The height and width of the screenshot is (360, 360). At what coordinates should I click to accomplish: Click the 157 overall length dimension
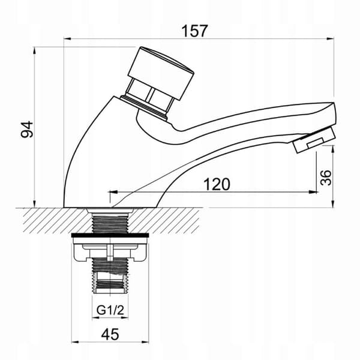[x=194, y=31]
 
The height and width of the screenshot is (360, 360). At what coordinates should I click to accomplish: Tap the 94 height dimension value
[x=27, y=130]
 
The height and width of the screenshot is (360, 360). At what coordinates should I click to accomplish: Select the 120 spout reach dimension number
[x=217, y=184]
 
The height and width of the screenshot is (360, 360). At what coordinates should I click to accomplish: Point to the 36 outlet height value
[x=326, y=178]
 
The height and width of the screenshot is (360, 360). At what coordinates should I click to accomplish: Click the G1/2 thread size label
[x=110, y=310]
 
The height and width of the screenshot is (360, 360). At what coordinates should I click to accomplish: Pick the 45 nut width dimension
[x=110, y=334]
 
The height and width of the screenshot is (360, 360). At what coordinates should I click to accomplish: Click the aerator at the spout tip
[x=314, y=140]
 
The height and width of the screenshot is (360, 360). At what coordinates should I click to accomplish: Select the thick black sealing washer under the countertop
[x=110, y=235]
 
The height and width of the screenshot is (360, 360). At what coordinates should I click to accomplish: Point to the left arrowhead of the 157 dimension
[x=67, y=39]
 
